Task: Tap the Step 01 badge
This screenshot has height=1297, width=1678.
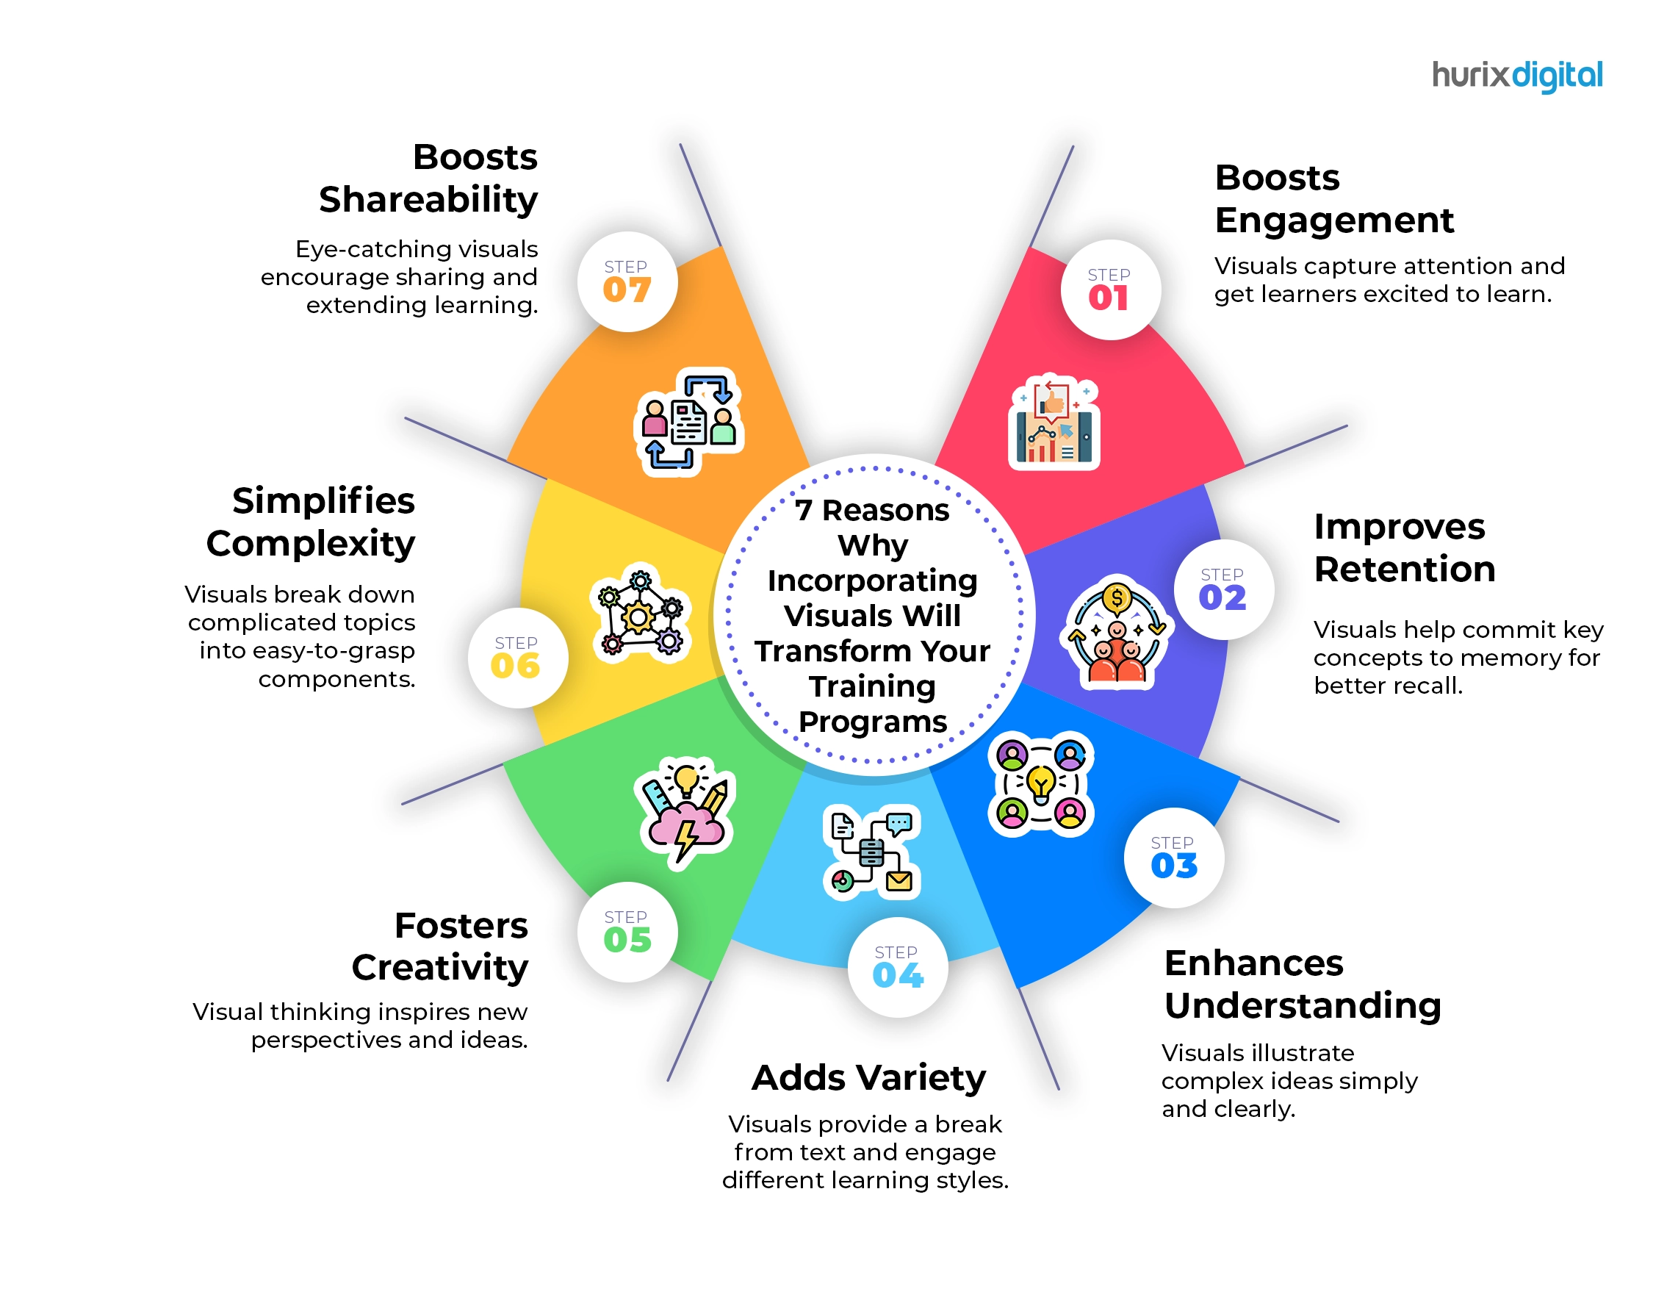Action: pos(1110,290)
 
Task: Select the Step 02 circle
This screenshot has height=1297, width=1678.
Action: pos(1224,589)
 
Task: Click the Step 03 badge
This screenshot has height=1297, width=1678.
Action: pos(1174,858)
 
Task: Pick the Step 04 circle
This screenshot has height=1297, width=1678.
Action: pos(899,967)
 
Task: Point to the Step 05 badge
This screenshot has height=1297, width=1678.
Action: pos(627,932)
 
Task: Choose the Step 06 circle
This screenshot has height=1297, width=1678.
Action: pos(518,658)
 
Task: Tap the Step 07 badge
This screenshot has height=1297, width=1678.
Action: pos(627,281)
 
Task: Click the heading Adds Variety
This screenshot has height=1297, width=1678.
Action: pos(869,1077)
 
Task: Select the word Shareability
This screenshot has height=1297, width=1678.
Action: pos(429,201)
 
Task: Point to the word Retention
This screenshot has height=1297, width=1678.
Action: pos(1405,570)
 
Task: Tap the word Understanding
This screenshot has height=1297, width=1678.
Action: pos(1303,1007)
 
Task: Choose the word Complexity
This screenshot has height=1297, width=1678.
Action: pos(312,545)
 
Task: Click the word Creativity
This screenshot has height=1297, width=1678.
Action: pos(440,967)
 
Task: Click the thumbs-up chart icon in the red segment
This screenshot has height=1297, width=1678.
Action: pos(1054,422)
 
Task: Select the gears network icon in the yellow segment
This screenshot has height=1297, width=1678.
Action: pos(641,613)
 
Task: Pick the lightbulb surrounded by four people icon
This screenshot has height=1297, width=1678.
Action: pos(1041,784)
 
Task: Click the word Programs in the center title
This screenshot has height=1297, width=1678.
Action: pos(873,722)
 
